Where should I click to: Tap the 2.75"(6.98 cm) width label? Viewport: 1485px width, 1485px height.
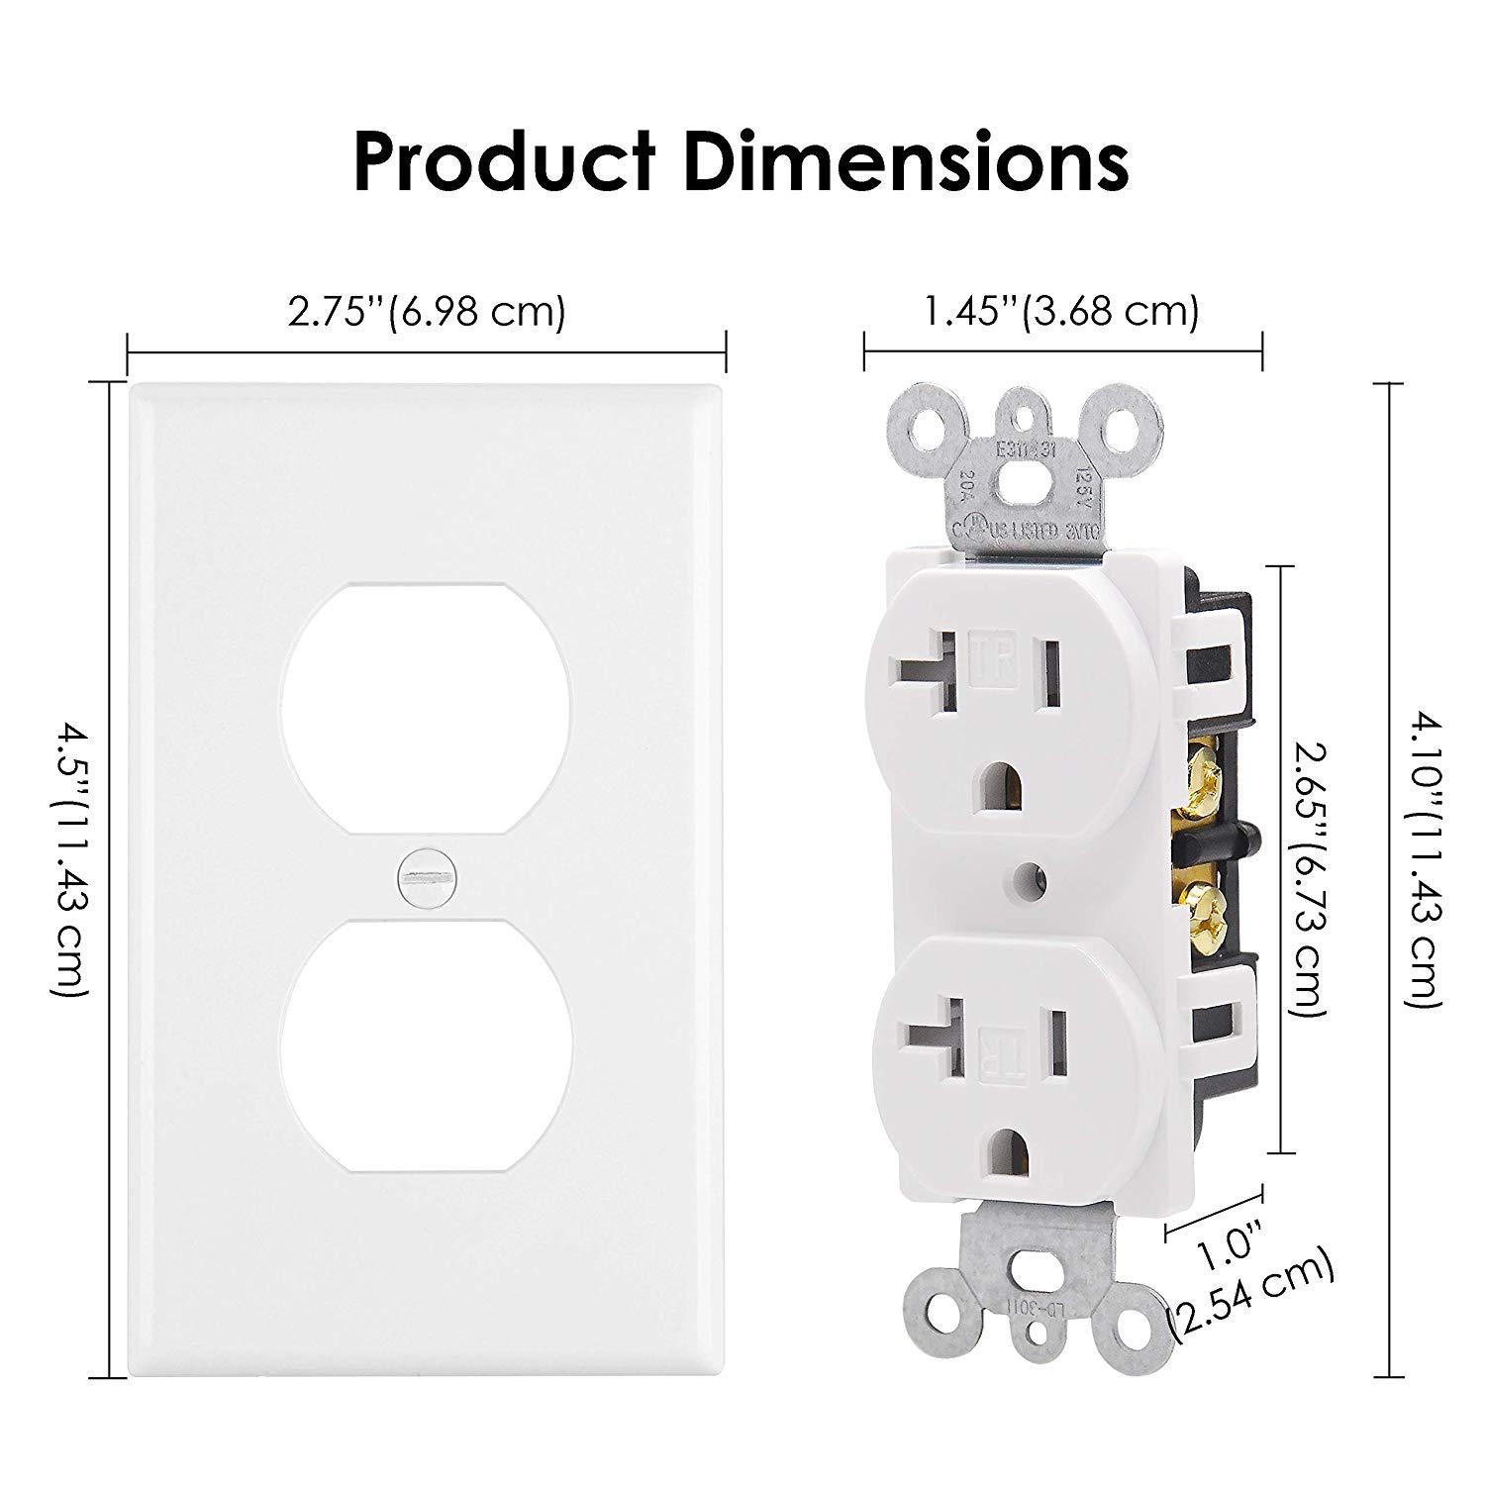(427, 312)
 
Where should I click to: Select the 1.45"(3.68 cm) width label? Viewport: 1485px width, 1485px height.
(1061, 312)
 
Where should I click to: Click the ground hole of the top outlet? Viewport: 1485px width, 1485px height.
(1007, 781)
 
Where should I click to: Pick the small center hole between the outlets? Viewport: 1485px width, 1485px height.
(1034, 875)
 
